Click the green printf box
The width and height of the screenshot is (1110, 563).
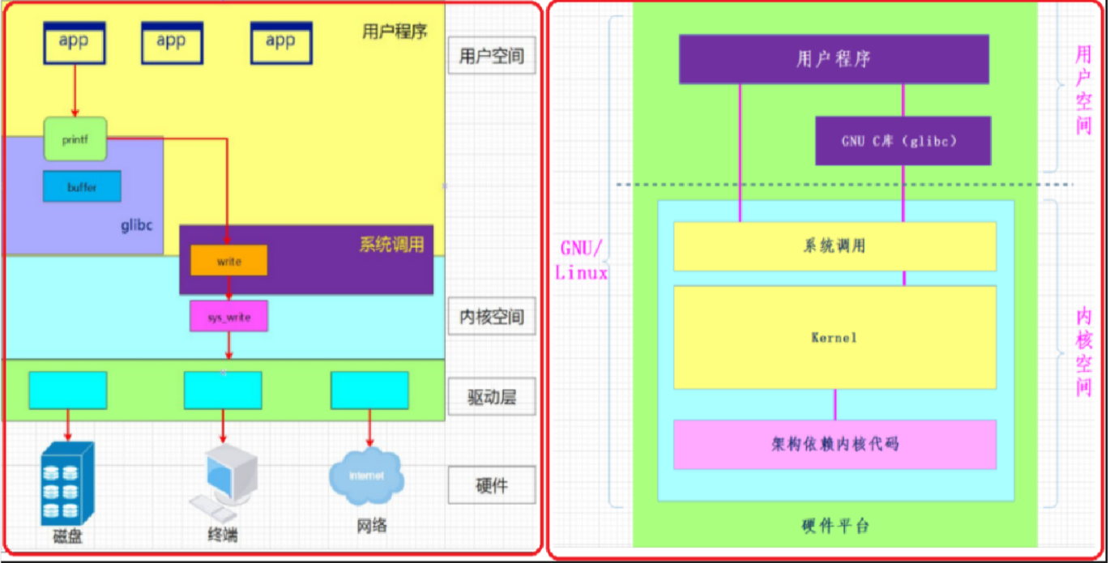[75, 139]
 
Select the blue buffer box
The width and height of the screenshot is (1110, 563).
[82, 187]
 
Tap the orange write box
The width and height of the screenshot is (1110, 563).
[228, 262]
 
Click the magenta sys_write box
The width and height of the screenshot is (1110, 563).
[228, 317]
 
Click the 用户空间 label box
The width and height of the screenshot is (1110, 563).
[491, 56]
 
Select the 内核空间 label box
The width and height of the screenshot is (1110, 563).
[491, 317]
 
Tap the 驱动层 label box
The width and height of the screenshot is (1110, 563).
[491, 398]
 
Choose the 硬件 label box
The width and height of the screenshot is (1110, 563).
[491, 485]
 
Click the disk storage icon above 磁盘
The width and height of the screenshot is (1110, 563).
[67, 484]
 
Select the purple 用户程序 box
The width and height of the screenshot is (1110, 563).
[834, 59]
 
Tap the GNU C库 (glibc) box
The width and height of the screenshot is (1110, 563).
[903, 140]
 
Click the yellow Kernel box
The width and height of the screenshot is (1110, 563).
[835, 337]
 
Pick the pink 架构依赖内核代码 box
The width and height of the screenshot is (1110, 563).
[835, 444]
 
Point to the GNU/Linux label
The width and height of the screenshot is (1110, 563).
[581, 259]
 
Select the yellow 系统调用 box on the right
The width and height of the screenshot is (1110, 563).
[835, 246]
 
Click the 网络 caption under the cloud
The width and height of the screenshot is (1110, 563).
[372, 526]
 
